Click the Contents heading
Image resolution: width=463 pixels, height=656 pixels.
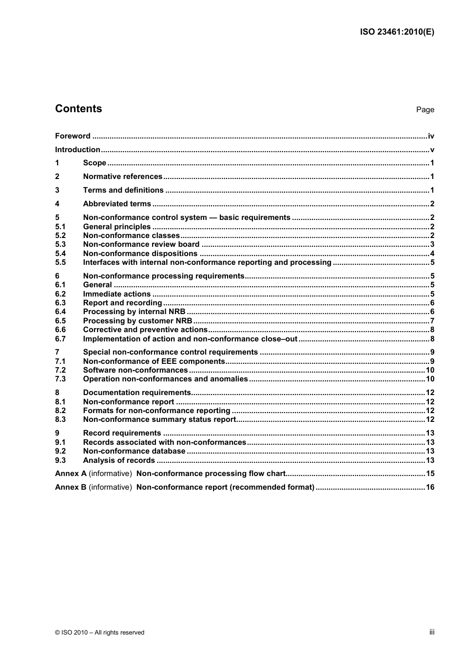(x=78, y=109)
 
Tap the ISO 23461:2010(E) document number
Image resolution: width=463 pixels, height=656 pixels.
(x=397, y=32)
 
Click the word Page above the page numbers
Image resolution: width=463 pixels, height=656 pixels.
(x=425, y=110)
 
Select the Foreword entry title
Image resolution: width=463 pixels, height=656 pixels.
(x=73, y=136)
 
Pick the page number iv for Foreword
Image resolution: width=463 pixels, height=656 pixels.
(x=431, y=136)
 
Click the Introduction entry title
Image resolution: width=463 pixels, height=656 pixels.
(x=77, y=150)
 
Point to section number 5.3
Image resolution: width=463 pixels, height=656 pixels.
(x=60, y=244)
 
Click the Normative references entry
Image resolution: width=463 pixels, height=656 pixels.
(x=122, y=177)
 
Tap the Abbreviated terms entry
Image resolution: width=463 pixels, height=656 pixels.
(x=117, y=204)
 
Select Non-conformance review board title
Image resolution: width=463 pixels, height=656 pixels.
(x=141, y=244)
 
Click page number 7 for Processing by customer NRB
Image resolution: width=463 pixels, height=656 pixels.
(x=432, y=321)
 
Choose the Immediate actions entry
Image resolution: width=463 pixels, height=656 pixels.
(x=117, y=294)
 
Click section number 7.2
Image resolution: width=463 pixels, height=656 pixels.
(x=60, y=370)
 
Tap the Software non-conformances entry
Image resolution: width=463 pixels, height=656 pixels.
(x=135, y=370)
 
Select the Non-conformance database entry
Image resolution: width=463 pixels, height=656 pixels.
(x=134, y=451)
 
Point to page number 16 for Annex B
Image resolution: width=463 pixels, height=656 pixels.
(x=430, y=487)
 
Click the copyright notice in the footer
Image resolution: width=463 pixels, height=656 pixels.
(x=99, y=633)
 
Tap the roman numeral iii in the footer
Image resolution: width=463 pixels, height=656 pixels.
(x=432, y=632)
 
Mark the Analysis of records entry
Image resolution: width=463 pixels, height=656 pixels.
(x=119, y=460)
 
